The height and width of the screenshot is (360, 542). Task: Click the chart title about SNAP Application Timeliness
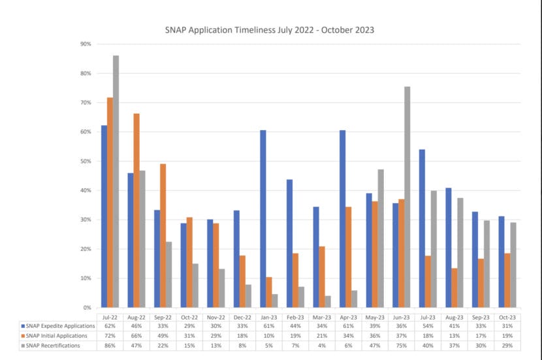point(270,30)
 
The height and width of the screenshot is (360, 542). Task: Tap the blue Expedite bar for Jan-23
point(263,219)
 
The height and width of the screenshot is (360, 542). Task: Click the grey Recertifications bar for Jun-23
point(407,197)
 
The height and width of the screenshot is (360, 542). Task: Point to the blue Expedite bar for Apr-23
point(342,219)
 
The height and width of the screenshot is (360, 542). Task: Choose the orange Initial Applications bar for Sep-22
point(163,235)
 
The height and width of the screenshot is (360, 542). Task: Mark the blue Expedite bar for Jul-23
point(421,229)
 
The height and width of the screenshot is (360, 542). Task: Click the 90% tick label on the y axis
point(85,44)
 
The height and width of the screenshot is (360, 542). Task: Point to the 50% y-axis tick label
point(85,161)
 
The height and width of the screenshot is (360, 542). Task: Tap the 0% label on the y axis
point(86,308)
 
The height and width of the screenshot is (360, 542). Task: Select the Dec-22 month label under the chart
point(242,316)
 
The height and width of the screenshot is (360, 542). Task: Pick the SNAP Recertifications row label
point(55,345)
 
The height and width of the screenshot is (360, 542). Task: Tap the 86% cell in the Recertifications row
point(110,345)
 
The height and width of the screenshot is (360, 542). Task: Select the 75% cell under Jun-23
point(400,345)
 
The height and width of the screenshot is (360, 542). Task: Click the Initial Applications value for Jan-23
point(268,335)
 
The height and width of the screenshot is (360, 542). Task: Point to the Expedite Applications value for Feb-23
point(295,325)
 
